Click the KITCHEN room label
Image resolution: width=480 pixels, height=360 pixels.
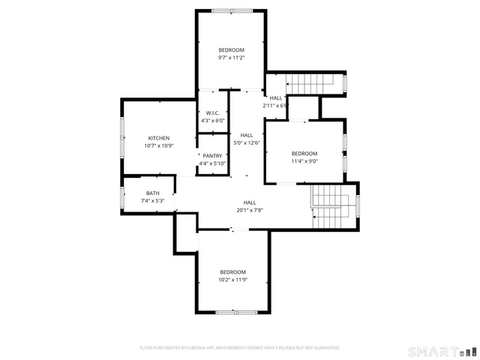(x=158, y=138)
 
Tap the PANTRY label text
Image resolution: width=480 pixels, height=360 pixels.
(x=212, y=156)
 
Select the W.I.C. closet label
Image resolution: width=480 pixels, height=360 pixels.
(x=212, y=113)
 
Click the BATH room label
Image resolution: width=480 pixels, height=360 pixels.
(x=152, y=193)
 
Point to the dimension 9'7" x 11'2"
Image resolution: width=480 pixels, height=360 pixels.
(x=231, y=58)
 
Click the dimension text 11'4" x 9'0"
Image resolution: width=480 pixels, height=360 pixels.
(x=304, y=160)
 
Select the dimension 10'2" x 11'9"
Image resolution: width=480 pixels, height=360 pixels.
(x=232, y=280)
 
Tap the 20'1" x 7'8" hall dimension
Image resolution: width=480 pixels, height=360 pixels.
(x=250, y=210)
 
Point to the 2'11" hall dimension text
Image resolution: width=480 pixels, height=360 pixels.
(x=275, y=106)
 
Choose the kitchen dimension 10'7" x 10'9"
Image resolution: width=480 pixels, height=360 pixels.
(x=158, y=145)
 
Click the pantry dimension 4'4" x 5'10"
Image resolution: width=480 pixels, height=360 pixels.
(x=212, y=163)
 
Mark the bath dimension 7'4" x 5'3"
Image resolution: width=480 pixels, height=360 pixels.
(x=152, y=201)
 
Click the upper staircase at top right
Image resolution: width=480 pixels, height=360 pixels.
(x=315, y=83)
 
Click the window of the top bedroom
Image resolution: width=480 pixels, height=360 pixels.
(x=231, y=12)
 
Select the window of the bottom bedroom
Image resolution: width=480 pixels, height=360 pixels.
(x=232, y=311)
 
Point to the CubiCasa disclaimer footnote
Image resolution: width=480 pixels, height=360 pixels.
(x=239, y=348)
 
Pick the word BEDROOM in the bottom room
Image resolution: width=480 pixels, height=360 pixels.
(x=232, y=271)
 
